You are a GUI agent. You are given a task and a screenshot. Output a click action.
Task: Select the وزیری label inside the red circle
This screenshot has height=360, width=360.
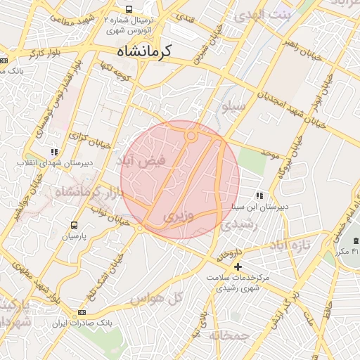[178, 218]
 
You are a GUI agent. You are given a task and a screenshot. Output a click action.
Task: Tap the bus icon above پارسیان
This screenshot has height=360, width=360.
[74, 225]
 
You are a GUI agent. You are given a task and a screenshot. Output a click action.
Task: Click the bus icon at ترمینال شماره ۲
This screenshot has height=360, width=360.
[129, 9]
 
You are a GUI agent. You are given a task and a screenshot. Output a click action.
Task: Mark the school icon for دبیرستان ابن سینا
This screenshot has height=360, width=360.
[259, 195]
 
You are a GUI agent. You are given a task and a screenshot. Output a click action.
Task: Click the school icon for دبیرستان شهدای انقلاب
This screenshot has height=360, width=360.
[54, 152]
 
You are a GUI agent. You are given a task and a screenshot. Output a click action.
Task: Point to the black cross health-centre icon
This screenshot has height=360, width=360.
[238, 266]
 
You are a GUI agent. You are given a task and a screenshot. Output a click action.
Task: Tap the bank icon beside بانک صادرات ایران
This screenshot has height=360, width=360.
[82, 312]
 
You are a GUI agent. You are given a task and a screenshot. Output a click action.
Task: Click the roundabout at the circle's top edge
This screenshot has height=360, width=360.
[191, 136]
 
